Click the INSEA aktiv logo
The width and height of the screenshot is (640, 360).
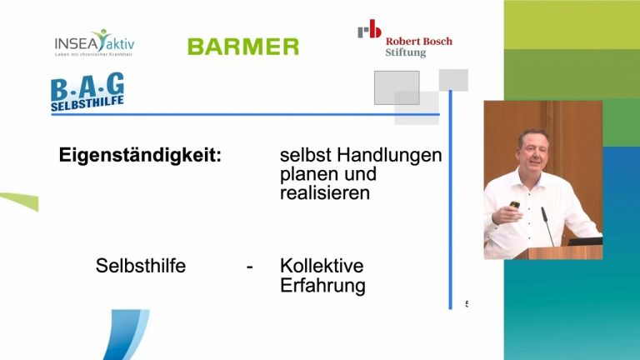pyautogui.click(x=93, y=42)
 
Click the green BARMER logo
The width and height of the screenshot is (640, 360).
pyautogui.click(x=242, y=47)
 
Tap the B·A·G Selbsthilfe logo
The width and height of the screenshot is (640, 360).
pyautogui.click(x=87, y=93)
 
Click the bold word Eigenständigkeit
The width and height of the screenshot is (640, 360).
pyautogui.click(x=140, y=155)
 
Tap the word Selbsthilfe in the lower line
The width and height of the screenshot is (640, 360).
pyautogui.click(x=141, y=267)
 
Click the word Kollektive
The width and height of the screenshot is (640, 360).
pyautogui.click(x=322, y=267)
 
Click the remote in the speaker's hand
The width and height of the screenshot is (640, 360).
pyautogui.click(x=515, y=205)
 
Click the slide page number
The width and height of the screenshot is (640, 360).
pyautogui.click(x=467, y=304)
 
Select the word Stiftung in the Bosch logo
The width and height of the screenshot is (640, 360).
pyautogui.click(x=405, y=53)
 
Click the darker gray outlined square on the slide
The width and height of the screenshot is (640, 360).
pyautogui.click(x=397, y=87)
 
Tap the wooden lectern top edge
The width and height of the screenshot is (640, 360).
pyautogui.click(x=558, y=247)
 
